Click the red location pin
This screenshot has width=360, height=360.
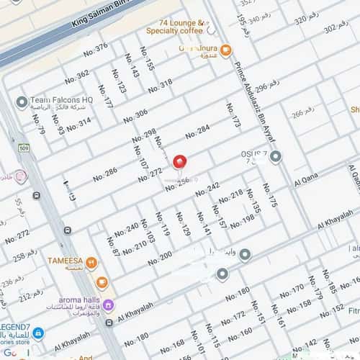[180, 163]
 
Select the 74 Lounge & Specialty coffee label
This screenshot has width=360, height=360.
[176, 27]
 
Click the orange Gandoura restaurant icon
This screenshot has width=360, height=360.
[226, 50]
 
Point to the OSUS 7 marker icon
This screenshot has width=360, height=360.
[276, 156]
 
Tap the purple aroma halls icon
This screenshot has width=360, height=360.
[108, 305]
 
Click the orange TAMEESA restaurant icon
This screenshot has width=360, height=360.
[91, 263]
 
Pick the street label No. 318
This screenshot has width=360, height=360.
[161, 86]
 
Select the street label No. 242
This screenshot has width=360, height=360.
[207, 189]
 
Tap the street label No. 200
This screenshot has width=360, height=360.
[160, 256]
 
